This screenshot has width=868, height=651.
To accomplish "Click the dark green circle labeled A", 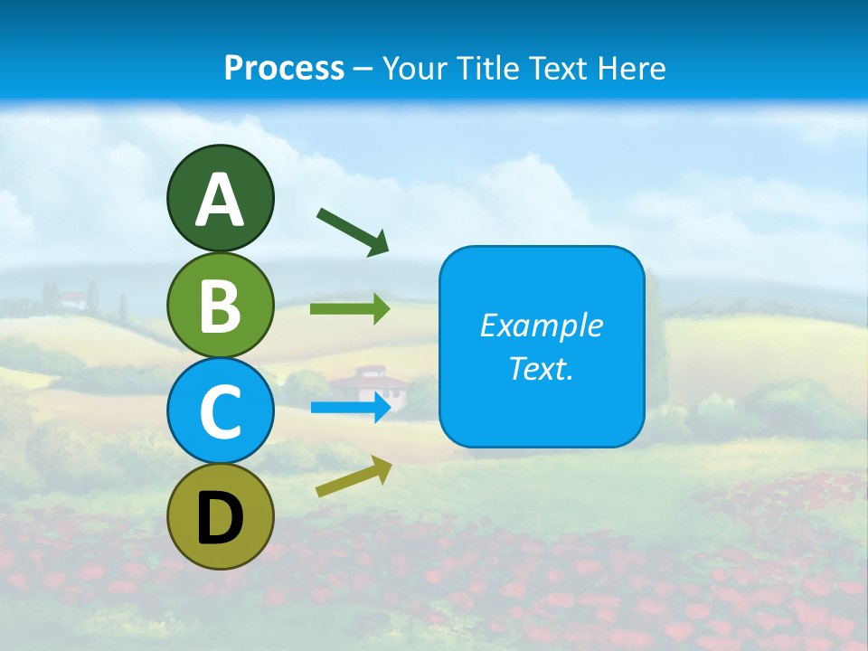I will pyautogui.click(x=220, y=198).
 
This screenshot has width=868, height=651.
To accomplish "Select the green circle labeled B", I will pyautogui.click(x=220, y=305).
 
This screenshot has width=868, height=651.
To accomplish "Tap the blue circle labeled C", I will pyautogui.click(x=220, y=410).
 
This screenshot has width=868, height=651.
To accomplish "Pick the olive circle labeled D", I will pyautogui.click(x=220, y=517).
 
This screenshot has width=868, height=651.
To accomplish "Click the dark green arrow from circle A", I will pyautogui.click(x=353, y=231).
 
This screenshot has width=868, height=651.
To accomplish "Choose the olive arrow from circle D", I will pyautogui.click(x=354, y=476).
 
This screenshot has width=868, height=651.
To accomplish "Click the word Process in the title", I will pyautogui.click(x=284, y=68).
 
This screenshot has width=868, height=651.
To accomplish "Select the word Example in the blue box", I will pyautogui.click(x=541, y=325).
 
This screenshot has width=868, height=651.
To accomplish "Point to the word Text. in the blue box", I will pyautogui.click(x=541, y=369).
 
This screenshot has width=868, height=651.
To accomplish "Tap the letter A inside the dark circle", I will pyautogui.click(x=220, y=200).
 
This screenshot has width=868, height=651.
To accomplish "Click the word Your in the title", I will pyautogui.click(x=413, y=68).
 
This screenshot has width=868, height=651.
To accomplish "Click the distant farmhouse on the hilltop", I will pyautogui.click(x=77, y=297).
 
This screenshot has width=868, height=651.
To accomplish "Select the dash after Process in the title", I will pyautogui.click(x=363, y=69).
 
